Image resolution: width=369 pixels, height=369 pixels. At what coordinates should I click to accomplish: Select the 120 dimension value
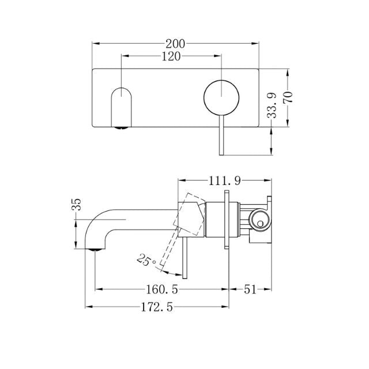tap(171, 56)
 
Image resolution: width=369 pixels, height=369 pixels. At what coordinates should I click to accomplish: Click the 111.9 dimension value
tap(224, 181)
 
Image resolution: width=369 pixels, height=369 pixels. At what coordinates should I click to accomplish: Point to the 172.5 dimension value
tap(157, 308)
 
